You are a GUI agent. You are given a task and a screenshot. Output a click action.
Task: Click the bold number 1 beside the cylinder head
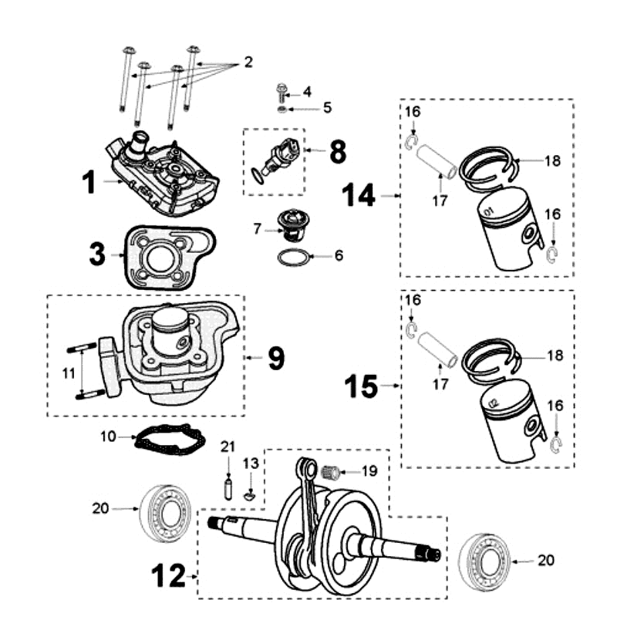(x=90, y=183)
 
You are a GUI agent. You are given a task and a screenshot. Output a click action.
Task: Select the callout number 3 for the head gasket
(x=96, y=254)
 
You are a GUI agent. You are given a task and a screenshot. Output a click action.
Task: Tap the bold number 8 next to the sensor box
(x=337, y=151)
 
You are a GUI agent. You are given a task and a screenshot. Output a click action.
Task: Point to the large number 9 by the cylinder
(x=276, y=358)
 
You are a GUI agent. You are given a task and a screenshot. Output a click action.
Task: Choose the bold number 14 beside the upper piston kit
(x=359, y=197)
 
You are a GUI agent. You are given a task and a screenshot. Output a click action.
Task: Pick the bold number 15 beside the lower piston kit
(x=361, y=385)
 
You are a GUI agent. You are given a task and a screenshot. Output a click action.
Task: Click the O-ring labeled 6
(x=293, y=257)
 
